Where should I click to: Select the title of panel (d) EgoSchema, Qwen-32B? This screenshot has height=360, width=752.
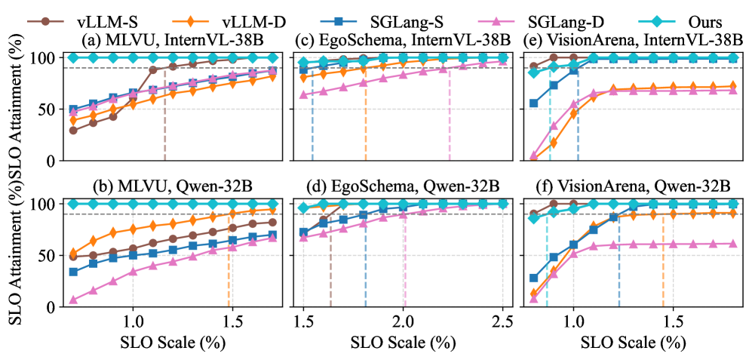402,186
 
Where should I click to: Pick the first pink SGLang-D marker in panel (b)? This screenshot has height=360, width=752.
73,300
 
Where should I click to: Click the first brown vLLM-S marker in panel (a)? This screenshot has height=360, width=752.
73,131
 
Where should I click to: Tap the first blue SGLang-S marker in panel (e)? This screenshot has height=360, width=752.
534,103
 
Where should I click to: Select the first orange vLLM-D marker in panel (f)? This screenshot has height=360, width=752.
534,294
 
